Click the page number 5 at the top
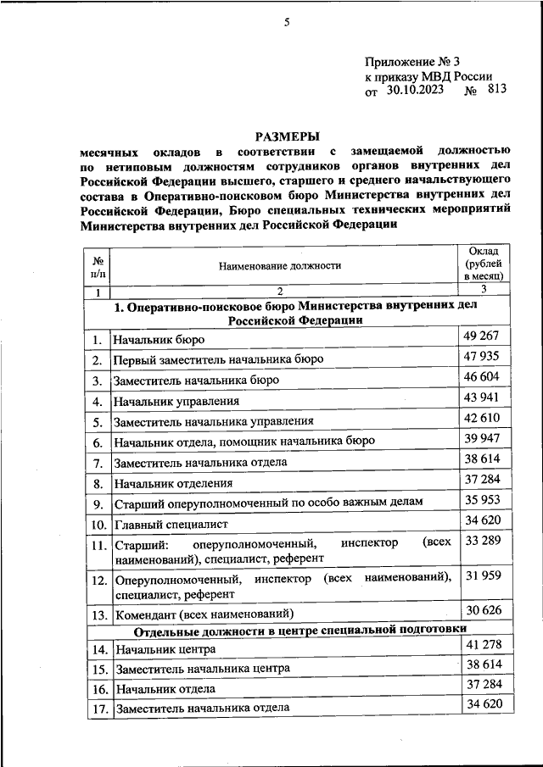[287, 23]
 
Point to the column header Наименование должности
[280, 265]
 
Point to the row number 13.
[99, 614]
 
